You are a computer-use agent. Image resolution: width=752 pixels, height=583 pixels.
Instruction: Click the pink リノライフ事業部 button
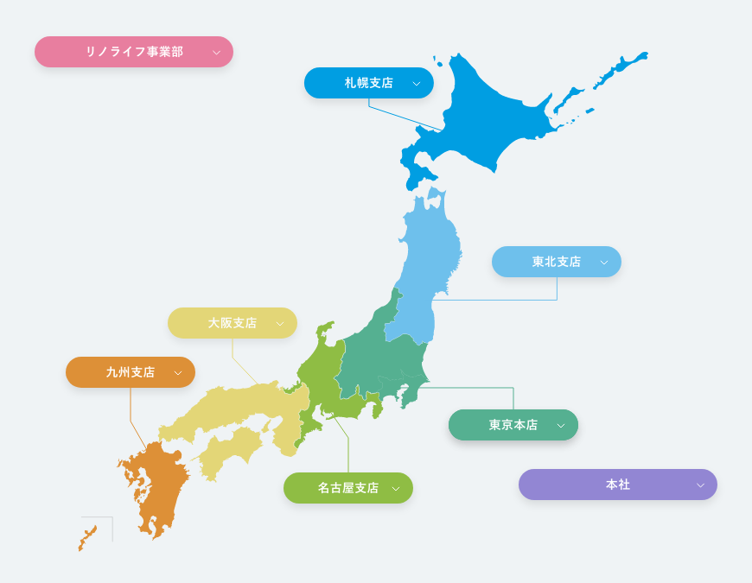[x=134, y=52]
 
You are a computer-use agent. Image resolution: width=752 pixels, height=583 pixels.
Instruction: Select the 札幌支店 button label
[x=369, y=83]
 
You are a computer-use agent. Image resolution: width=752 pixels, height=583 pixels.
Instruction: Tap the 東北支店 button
[x=557, y=262]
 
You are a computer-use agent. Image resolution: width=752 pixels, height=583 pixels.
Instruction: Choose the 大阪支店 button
[x=233, y=323]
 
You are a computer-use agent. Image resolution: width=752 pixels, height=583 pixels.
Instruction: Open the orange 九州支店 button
[x=131, y=372]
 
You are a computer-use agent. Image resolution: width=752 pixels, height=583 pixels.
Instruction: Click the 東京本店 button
[x=513, y=425]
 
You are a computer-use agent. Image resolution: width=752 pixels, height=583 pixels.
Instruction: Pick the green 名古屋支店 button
[x=348, y=488]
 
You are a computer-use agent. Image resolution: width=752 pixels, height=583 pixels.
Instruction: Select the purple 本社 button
[x=618, y=485]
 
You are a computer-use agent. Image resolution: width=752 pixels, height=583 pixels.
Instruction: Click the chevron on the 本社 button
[x=700, y=485]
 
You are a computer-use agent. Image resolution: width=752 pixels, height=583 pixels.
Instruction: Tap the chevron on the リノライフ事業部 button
[x=216, y=53]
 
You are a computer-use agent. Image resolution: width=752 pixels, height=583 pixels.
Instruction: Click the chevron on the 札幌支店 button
[x=417, y=84]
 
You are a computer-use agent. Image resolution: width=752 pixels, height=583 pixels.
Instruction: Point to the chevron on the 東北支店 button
[x=604, y=263]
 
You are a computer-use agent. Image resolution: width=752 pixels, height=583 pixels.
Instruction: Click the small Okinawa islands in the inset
[x=87, y=537]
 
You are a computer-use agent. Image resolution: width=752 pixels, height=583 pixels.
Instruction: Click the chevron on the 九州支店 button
[x=178, y=373]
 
